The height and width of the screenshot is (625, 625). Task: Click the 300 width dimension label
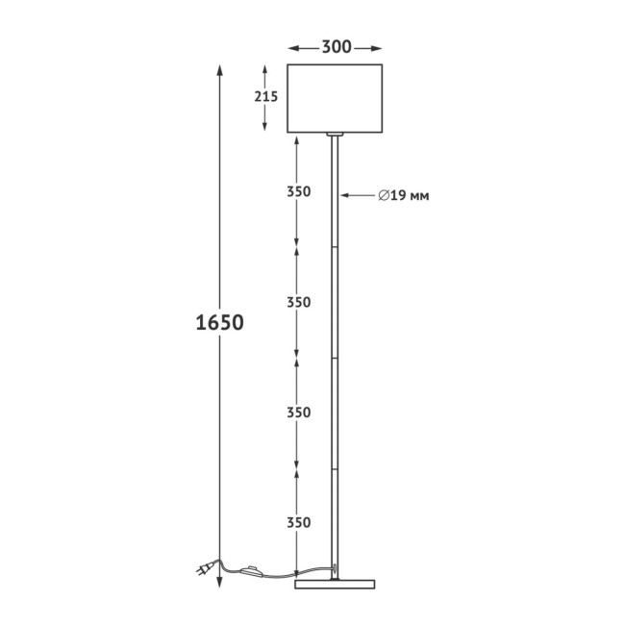pyautogui.click(x=337, y=47)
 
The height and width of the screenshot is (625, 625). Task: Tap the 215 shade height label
pyautogui.click(x=265, y=96)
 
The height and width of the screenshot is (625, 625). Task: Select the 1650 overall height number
pyautogui.click(x=219, y=322)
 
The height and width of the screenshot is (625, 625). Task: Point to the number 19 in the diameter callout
pyautogui.click(x=399, y=196)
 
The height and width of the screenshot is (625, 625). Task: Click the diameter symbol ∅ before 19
pyautogui.click(x=384, y=196)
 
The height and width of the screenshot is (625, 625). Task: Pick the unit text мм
pyautogui.click(x=419, y=197)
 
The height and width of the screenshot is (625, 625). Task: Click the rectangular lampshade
pyautogui.click(x=335, y=98)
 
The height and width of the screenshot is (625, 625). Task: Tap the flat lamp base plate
pyautogui.click(x=335, y=585)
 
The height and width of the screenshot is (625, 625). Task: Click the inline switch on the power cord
pyautogui.click(x=252, y=571)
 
